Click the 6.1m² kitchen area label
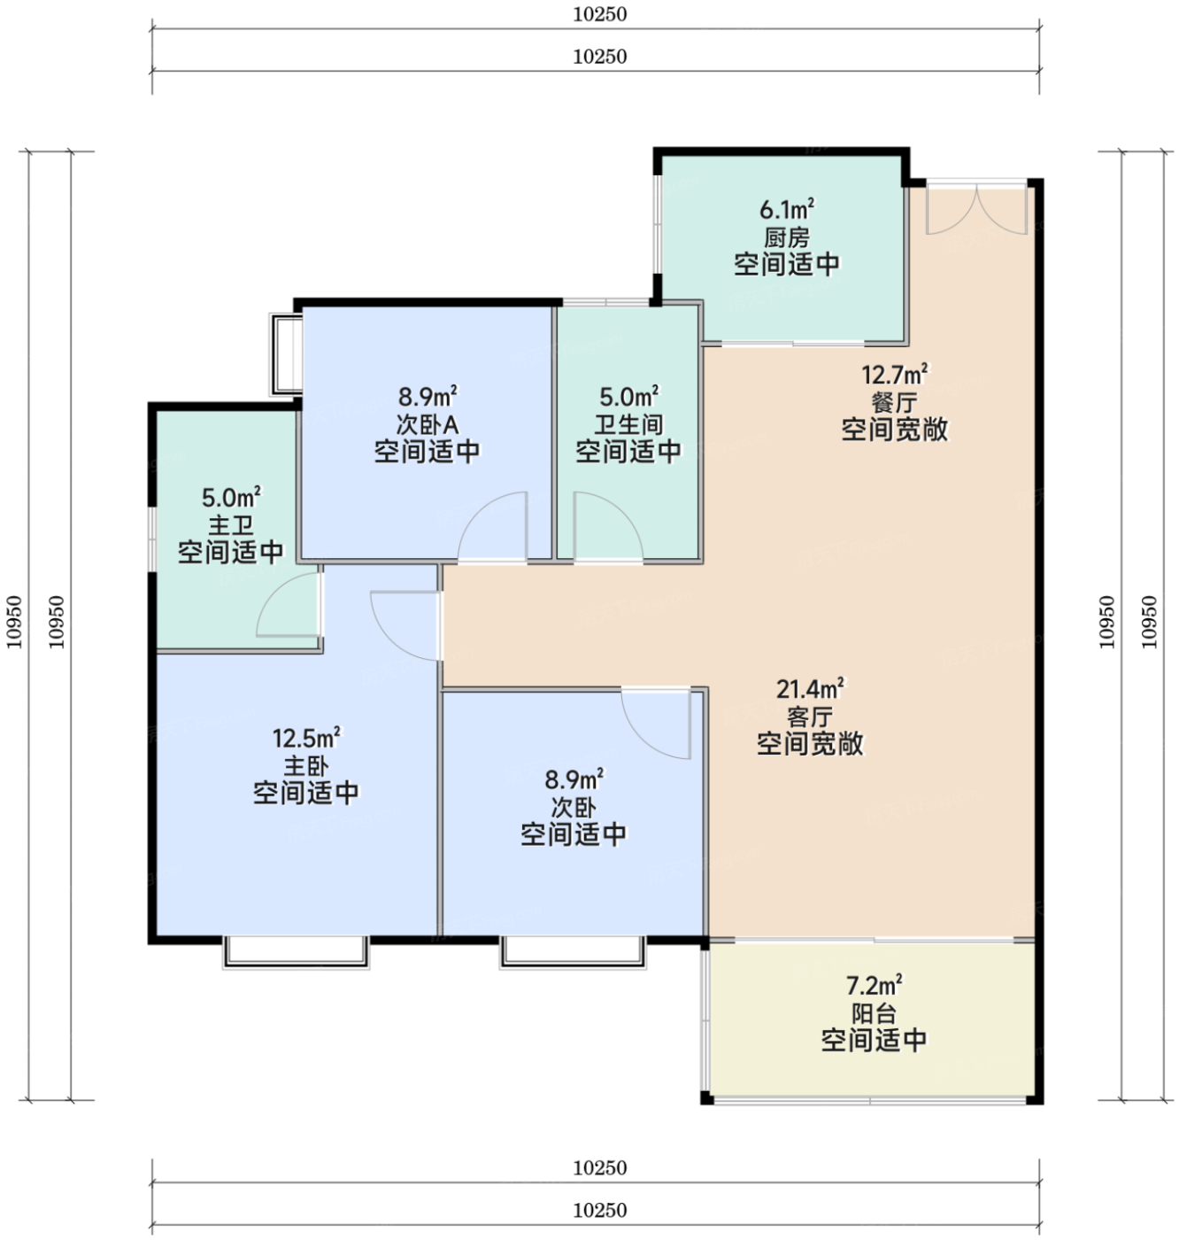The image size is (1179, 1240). tap(786, 209)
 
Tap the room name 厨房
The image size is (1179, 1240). tap(786, 237)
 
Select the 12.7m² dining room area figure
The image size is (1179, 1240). tap(894, 375)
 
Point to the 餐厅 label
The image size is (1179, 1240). tap(894, 402)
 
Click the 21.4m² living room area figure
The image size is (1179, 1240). tap(810, 689)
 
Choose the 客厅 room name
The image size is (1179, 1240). tap(810, 717)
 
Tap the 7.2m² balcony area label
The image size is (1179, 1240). tap(874, 983)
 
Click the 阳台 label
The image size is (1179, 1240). tap(874, 1013)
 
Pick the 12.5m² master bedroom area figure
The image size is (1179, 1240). tap(305, 737)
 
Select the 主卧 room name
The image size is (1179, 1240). tap(305, 765)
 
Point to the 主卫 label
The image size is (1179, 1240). tap(230, 524)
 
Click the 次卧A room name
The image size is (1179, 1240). tap(427, 424)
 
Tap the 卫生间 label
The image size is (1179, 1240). tap(628, 424)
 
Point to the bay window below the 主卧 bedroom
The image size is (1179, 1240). tap(296, 952)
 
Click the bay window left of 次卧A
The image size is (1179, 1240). tap(286, 354)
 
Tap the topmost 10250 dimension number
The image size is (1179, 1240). tap(599, 14)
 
